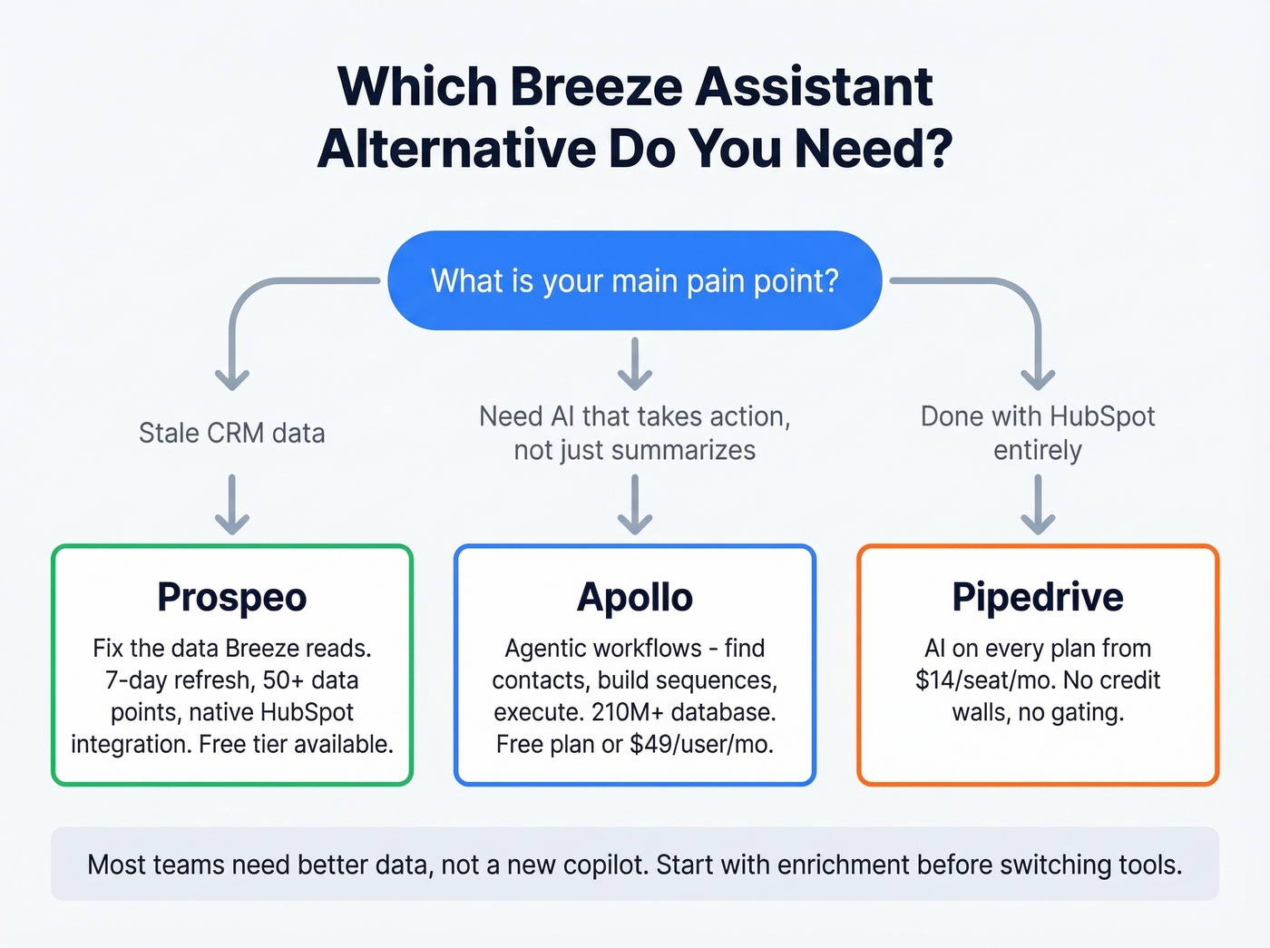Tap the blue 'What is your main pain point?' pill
(x=634, y=280)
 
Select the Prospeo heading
(x=232, y=597)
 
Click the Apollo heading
(x=635, y=597)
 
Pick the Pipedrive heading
(x=1038, y=597)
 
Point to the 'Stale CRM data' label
(x=232, y=433)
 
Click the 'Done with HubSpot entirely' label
(x=1038, y=433)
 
